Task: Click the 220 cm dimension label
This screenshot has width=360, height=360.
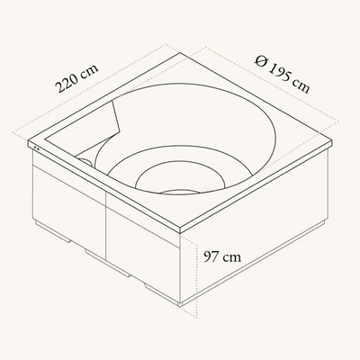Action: coord(76,77)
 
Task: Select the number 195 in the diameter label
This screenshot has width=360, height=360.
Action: coord(278,71)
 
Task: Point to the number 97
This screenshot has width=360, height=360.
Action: coord(211,257)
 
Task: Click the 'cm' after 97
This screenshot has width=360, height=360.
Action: coord(232,258)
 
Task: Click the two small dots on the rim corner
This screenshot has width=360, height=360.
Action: coord(37,148)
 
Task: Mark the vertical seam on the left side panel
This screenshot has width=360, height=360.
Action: coord(106,225)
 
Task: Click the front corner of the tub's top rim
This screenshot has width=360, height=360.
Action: coord(180,231)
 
